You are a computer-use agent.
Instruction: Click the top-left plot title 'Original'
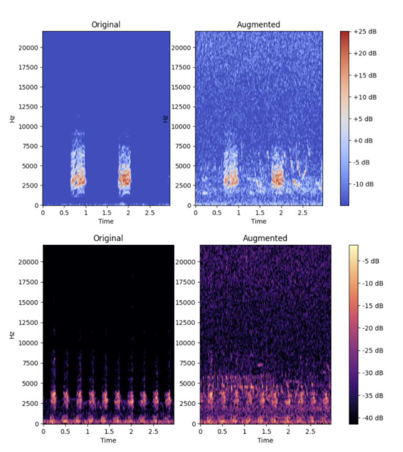[106, 24]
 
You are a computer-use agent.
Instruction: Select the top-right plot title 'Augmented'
[259, 24]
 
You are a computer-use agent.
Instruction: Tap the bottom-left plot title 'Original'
[108, 238]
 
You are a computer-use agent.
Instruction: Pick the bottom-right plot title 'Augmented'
[265, 238]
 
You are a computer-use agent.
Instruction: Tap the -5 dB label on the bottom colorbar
[366, 261]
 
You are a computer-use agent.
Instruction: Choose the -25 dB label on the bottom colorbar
[368, 351]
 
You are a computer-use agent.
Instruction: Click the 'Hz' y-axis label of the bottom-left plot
[12, 335]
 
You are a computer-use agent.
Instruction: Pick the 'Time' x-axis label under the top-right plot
[259, 221]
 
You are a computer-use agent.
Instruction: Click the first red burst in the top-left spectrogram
[78, 180]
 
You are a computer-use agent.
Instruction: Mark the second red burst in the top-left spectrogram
[124, 178]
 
